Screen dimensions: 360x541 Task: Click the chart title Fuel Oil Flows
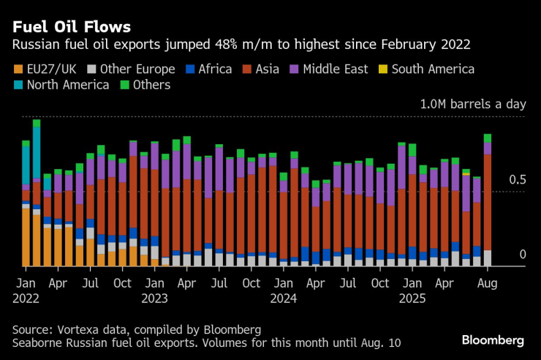click(71, 27)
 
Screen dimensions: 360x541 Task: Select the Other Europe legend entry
click(131, 70)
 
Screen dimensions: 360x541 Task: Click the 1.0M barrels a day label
click(472, 104)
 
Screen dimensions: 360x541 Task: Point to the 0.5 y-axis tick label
click(517, 180)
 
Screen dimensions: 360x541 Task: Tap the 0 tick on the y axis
click(522, 255)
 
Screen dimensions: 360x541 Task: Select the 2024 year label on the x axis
click(284, 299)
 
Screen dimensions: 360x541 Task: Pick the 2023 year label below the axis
click(155, 299)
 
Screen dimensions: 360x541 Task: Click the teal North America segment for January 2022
click(26, 165)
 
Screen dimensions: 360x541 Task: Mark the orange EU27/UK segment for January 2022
click(26, 238)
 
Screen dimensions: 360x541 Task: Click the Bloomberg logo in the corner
click(493, 340)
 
